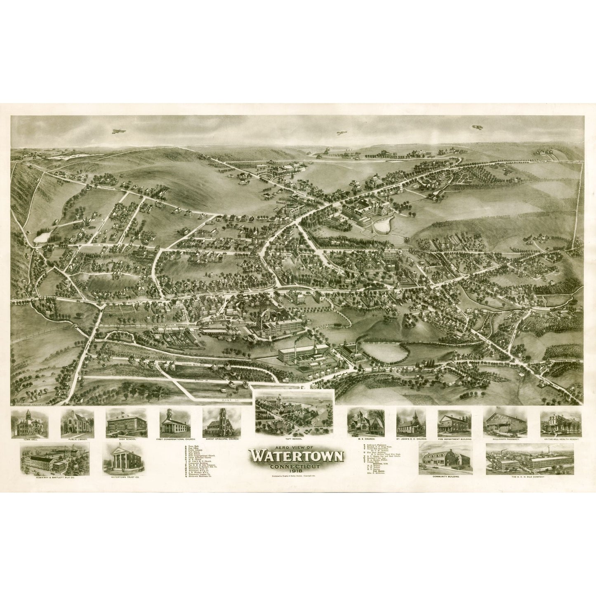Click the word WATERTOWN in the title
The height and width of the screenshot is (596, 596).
[x=297, y=457]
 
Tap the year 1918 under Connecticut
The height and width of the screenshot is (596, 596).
[x=297, y=471]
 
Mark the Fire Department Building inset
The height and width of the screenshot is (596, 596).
[x=454, y=423]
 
